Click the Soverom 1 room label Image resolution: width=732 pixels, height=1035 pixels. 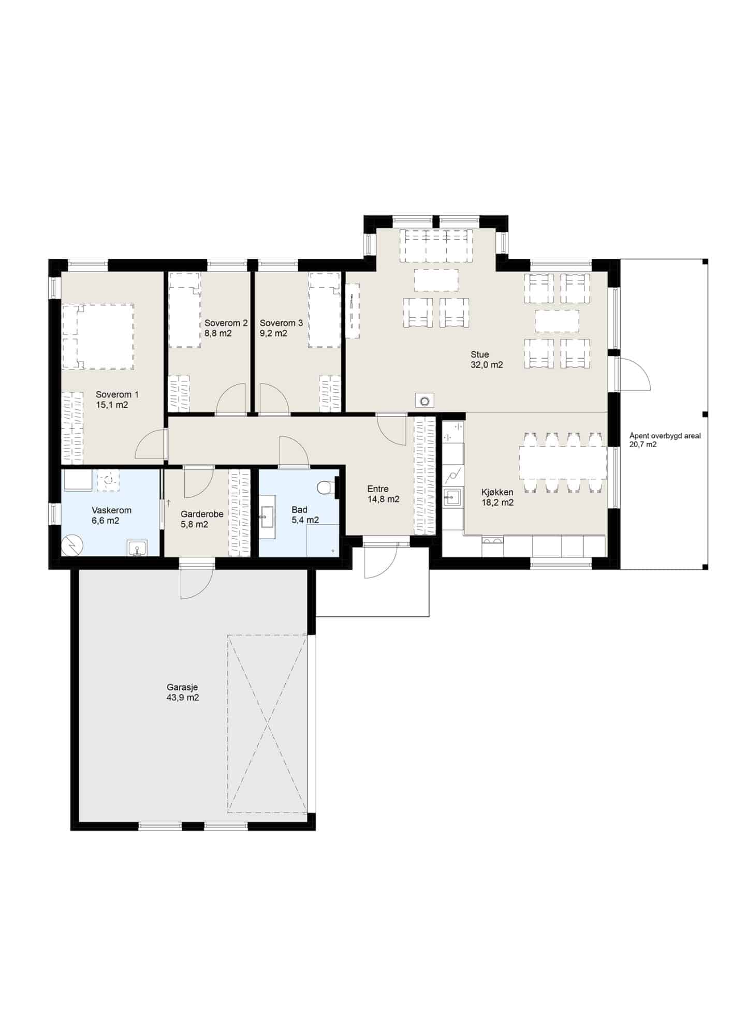(x=117, y=394)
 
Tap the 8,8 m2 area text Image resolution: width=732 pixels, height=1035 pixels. (x=218, y=333)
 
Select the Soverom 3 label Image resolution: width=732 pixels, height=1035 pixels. (x=281, y=323)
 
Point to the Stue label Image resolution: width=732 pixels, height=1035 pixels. (x=479, y=354)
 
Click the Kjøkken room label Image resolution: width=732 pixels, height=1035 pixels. (x=497, y=492)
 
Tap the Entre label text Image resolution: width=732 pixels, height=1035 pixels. (x=378, y=489)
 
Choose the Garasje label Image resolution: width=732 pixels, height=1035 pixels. (x=182, y=688)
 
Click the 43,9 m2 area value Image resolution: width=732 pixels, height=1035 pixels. (x=183, y=698)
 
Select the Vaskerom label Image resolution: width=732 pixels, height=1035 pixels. (x=112, y=510)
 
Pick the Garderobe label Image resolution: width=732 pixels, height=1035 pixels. (x=202, y=514)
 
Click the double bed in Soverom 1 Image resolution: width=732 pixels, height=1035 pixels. (x=98, y=336)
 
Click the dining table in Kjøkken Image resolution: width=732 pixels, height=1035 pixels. (x=563, y=463)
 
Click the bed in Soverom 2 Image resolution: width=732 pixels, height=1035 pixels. (x=185, y=310)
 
